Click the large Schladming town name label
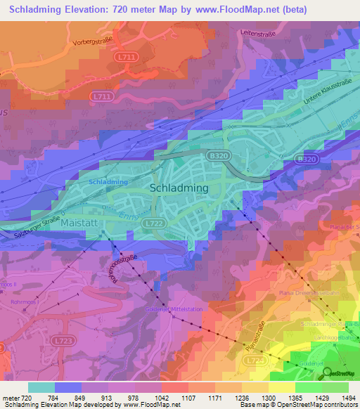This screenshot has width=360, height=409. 179,188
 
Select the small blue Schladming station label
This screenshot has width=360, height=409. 108,181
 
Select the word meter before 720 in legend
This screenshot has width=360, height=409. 10,398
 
